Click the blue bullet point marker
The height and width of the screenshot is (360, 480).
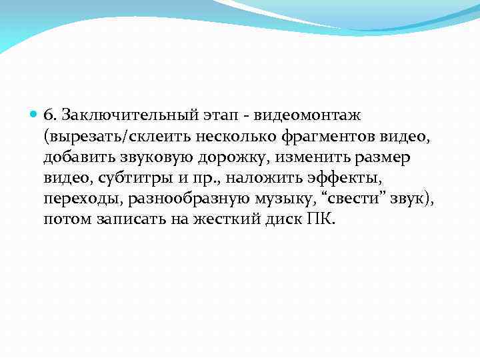tap(35, 115)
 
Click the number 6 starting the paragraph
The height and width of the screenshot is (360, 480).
tap(48, 115)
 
